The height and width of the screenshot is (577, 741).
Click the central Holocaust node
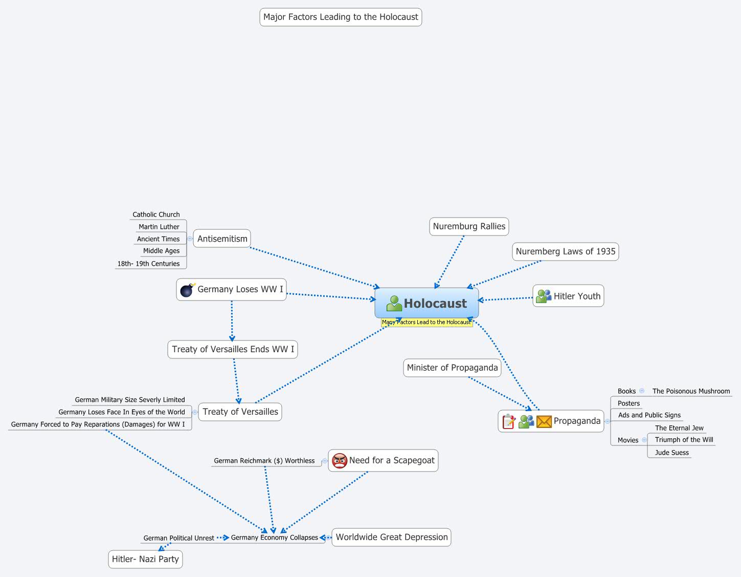tap(427, 303)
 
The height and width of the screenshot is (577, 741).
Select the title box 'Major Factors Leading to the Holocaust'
tap(341, 17)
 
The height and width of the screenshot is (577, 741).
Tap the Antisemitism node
tap(222, 239)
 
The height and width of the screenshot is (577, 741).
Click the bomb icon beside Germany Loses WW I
tap(187, 290)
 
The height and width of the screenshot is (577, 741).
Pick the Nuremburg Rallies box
tap(469, 226)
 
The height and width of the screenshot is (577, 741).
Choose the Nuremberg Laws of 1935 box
tap(565, 251)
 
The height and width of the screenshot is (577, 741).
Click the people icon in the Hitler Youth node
tap(543, 296)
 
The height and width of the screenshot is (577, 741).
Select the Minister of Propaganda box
tap(452, 368)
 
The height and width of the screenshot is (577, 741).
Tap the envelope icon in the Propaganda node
tap(544, 421)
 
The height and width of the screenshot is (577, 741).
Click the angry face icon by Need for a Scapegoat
tap(340, 461)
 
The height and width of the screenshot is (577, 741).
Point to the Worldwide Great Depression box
tap(391, 537)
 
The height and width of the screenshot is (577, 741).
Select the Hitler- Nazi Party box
tap(145, 559)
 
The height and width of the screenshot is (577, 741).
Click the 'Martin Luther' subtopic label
tap(159, 227)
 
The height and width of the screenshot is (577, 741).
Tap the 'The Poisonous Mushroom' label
tap(691, 391)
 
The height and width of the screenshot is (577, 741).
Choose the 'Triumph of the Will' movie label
tap(684, 440)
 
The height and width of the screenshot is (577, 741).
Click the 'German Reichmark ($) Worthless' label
tap(264, 461)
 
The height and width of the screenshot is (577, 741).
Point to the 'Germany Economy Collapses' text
tap(275, 538)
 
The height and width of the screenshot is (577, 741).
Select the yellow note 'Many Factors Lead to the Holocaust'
tap(426, 323)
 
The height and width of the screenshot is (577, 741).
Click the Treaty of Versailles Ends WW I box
tap(233, 349)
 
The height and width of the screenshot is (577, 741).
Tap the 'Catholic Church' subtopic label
tap(156, 215)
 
